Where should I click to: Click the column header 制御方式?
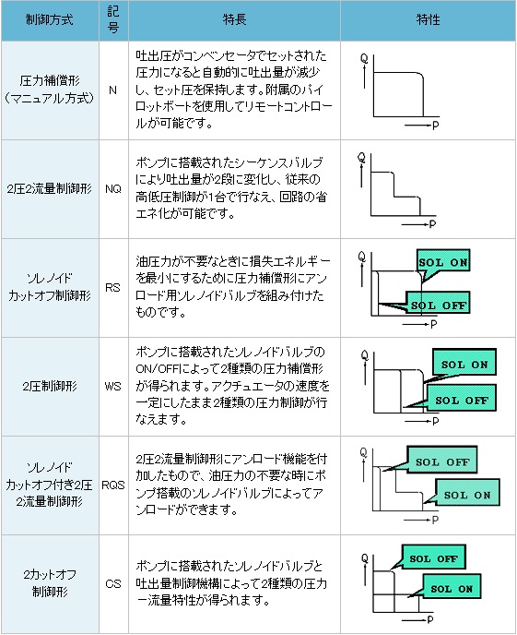pyautogui.click(x=50, y=20)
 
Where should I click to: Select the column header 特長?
pyautogui.click(x=234, y=20)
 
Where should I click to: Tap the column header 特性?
pyautogui.click(x=429, y=20)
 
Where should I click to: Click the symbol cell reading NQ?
pyautogui.click(x=113, y=188)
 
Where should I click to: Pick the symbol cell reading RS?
pyautogui.click(x=112, y=288)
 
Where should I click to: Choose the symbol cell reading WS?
pyautogui.click(x=112, y=387)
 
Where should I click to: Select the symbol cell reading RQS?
pyautogui.click(x=113, y=485)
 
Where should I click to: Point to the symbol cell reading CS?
pyautogui.click(x=113, y=584)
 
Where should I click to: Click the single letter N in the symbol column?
pyautogui.click(x=112, y=90)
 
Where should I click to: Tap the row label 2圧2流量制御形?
pyautogui.click(x=50, y=188)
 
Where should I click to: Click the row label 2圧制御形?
pyautogui.click(x=50, y=387)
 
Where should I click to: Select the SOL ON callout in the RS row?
pyautogui.click(x=443, y=262)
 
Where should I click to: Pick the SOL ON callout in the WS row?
pyautogui.click(x=464, y=364)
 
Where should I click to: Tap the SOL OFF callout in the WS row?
pyautogui.click(x=461, y=401)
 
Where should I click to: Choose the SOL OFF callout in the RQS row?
pyautogui.click(x=442, y=461)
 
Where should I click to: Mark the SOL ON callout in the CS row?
pyautogui.click(x=452, y=589)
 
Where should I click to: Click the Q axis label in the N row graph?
pyautogui.click(x=364, y=58)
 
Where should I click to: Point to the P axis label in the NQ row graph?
pyautogui.click(x=433, y=224)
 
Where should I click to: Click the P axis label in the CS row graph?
pyautogui.click(x=430, y=619)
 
